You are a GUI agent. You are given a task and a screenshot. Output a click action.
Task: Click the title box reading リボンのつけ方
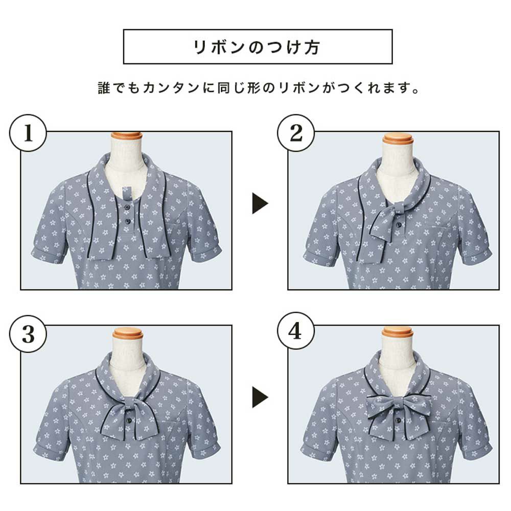pyautogui.click(x=258, y=47)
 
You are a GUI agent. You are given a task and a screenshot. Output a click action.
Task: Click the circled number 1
pyautogui.click(x=28, y=134)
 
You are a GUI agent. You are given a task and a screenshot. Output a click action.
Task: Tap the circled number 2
pyautogui.click(x=296, y=134)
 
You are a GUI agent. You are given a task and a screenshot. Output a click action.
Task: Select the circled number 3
pyautogui.click(x=28, y=334)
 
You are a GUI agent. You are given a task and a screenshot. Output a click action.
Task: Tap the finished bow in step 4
pyautogui.click(x=398, y=413)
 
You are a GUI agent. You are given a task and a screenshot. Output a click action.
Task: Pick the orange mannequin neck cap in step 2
pyautogui.click(x=398, y=138)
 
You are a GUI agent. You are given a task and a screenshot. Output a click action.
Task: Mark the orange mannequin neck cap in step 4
pyautogui.click(x=398, y=332)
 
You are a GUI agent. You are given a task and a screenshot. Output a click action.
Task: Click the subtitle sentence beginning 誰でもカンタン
pyautogui.click(x=258, y=88)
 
